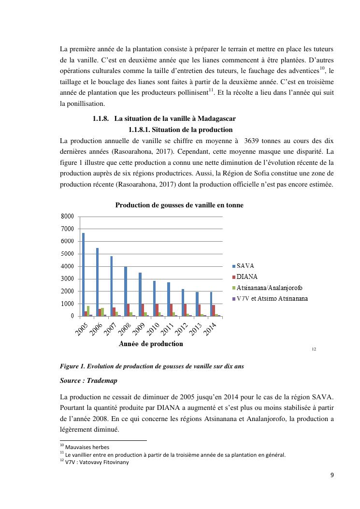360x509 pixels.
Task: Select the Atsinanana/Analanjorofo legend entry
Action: tap(269, 288)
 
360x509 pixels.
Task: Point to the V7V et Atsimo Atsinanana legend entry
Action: tap(272, 298)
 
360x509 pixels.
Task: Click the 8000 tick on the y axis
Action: tap(68, 216)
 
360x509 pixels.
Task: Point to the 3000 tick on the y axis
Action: tap(68, 279)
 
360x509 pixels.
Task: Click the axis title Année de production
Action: tap(151, 344)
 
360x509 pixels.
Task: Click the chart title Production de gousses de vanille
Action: tap(179, 205)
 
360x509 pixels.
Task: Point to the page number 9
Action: tap(332, 475)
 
